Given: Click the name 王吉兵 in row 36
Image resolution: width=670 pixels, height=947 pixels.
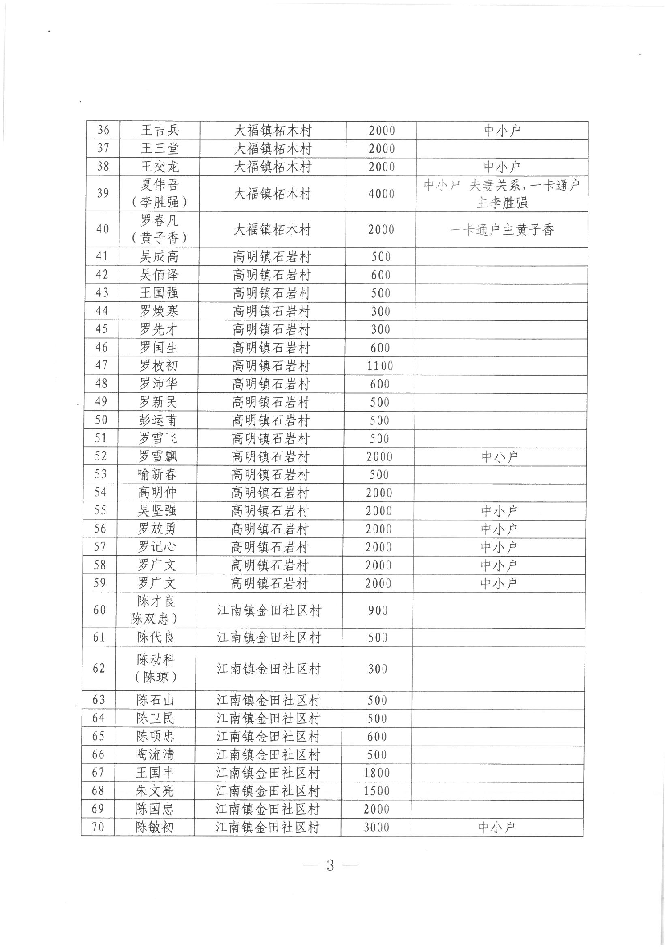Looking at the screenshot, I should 160,130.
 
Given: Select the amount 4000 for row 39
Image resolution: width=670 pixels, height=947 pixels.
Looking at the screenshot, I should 381,194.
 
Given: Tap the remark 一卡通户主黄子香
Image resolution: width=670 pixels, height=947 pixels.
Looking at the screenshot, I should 501,230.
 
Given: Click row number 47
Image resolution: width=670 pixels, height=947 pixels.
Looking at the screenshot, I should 101,365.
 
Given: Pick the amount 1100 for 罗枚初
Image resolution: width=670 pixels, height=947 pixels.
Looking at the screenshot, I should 380,366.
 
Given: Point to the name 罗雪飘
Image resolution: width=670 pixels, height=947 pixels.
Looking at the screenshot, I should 158,456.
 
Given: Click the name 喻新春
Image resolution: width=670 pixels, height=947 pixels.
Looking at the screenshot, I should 157,474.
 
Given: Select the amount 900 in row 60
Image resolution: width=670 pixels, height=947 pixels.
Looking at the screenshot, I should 378,610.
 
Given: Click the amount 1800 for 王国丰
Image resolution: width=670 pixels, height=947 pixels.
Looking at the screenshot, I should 377,773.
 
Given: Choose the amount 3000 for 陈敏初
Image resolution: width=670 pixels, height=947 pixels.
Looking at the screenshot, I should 376,827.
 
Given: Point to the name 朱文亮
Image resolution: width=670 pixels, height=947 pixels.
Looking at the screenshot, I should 155,791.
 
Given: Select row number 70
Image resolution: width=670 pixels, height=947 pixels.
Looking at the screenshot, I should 98,827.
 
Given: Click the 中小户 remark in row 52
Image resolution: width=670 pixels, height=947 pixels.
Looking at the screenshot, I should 499,456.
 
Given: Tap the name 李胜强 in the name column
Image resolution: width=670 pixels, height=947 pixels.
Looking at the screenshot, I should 159,202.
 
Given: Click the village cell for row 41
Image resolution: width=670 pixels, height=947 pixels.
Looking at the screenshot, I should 272,257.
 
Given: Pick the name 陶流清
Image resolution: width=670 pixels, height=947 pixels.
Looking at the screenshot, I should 155,755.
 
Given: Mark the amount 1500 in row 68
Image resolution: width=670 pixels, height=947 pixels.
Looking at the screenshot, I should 377,791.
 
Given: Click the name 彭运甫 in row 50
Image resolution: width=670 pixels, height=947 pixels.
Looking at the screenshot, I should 158,420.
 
